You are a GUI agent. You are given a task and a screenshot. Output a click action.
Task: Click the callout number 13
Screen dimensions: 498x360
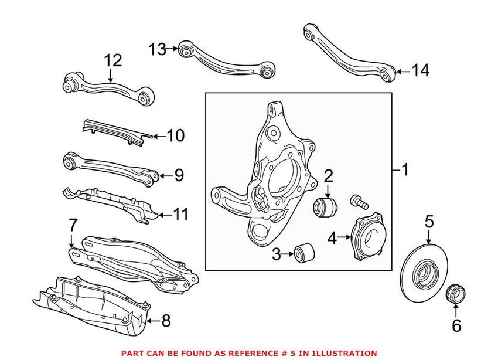158,49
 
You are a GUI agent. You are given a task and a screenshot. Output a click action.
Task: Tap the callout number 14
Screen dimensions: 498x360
421,70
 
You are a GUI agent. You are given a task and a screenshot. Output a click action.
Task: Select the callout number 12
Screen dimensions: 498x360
112,60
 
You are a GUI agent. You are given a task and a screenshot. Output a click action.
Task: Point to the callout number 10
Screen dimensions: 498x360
176,135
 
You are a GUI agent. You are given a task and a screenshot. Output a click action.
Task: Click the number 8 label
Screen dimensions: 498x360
166,321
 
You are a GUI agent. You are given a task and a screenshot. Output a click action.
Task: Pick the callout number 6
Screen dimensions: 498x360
456,325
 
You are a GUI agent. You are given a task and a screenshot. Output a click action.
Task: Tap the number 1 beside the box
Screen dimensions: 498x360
405,170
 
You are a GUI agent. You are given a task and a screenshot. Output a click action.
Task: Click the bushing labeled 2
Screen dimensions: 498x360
325,206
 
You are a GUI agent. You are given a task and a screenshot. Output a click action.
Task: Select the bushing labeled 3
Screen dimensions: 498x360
304,253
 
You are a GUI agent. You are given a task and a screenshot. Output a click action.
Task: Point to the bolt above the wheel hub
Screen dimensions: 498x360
359,202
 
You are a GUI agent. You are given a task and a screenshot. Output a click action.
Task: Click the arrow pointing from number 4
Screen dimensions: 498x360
344,237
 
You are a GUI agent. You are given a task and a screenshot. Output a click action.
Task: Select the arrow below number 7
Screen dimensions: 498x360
72,241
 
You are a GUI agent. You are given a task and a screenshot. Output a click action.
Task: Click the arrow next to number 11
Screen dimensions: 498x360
165,215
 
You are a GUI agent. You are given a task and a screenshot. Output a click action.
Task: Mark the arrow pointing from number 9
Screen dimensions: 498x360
165,176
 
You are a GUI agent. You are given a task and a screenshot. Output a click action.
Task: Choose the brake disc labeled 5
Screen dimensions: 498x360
424,273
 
